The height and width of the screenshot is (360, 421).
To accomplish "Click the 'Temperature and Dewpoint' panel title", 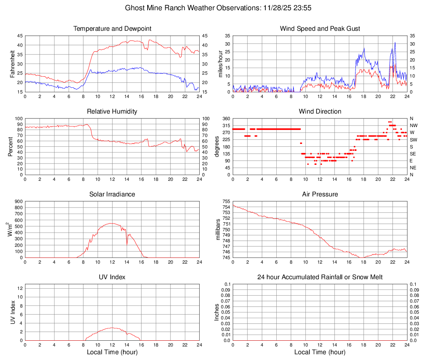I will click(112, 29).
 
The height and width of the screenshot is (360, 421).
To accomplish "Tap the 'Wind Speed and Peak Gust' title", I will click(320, 29).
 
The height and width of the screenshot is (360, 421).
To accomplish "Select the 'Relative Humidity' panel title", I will click(112, 112).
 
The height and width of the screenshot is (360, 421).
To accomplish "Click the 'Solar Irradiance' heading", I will click(112, 194).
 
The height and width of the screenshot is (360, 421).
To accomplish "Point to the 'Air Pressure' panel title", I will click(320, 194).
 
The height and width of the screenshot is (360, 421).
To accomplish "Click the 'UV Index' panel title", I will click(112, 277).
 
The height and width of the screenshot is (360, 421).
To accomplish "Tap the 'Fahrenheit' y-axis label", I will click(12, 64).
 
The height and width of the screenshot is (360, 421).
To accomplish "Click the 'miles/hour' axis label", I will click(220, 64).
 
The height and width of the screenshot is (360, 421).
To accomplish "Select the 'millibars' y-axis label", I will click(218, 230).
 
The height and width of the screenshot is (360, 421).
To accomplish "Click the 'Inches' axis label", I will click(217, 312).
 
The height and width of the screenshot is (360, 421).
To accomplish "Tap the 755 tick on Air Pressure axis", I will click(226, 201).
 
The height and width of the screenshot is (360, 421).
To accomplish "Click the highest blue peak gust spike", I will click(395, 42).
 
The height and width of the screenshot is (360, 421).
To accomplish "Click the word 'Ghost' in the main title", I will click(134, 8).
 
